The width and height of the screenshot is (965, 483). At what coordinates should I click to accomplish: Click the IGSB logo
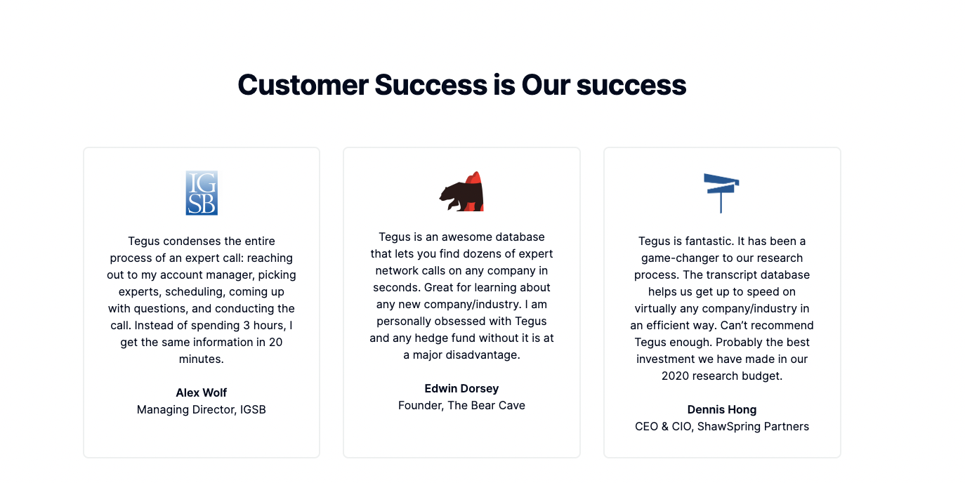coord(202,193)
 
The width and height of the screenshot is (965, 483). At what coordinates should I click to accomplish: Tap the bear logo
coord(461,192)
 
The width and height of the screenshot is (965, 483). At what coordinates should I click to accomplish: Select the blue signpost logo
coord(721,193)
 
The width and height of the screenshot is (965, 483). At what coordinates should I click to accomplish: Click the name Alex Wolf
coord(201,392)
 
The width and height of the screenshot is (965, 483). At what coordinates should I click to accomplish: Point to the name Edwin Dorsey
coord(461,388)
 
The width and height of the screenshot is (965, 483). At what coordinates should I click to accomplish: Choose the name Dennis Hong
coord(721,409)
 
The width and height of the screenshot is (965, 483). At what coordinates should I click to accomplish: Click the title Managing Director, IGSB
coord(201,409)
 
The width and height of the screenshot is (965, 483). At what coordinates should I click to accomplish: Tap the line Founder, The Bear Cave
coord(461,405)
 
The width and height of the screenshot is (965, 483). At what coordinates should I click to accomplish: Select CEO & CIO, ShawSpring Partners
coord(721,426)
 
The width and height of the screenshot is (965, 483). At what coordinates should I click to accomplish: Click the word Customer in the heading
coord(303,85)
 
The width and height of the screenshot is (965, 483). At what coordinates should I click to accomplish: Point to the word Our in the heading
coord(546,85)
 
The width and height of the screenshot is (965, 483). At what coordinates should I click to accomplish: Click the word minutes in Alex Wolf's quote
coord(200,359)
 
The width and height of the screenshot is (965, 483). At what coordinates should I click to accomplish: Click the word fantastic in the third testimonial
coord(707,241)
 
